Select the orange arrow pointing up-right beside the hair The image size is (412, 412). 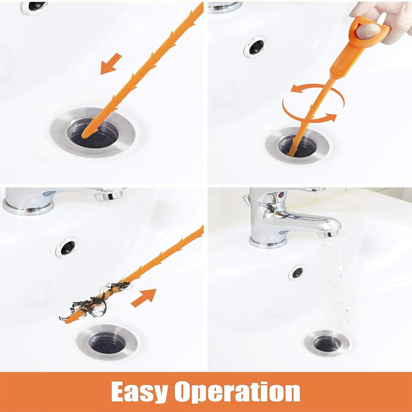point(144,298)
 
